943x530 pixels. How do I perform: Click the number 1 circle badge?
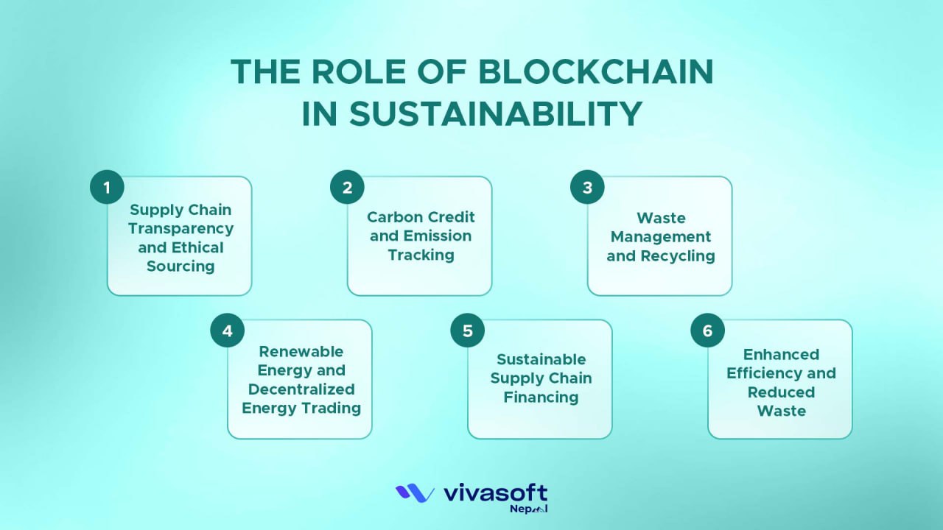point(107,187)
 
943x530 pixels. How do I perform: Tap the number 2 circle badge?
point(347,187)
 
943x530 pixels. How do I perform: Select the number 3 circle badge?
point(587,187)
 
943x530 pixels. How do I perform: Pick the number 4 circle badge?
point(227,331)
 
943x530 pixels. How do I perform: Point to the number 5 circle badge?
point(467,331)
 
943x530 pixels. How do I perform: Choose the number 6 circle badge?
point(707,331)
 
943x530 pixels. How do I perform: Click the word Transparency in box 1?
point(180,228)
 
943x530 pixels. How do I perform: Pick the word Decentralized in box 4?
point(301,389)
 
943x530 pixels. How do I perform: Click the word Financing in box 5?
point(541,397)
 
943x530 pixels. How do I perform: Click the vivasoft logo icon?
point(415,493)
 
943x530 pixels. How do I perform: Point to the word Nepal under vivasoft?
point(530,509)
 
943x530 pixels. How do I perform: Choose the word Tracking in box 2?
point(421,255)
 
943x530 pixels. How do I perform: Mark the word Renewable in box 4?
point(301,351)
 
